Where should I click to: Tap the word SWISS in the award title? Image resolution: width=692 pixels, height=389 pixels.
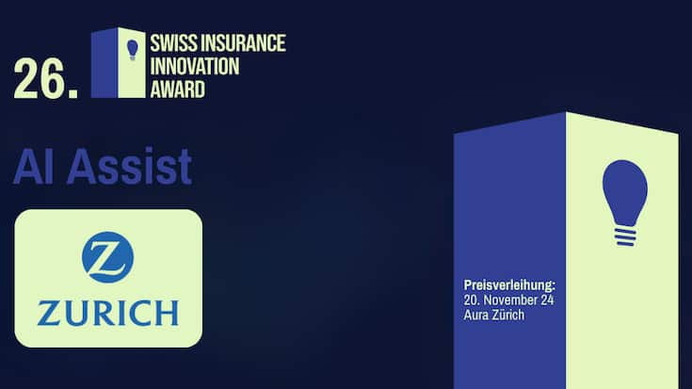point(172,42)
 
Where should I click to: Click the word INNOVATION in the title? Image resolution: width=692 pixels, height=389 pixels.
point(193,66)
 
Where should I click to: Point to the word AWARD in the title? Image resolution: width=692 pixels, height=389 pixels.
point(176,90)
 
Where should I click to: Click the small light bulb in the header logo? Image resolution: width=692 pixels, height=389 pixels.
point(133,48)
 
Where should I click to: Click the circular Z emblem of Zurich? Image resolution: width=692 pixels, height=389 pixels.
point(107,257)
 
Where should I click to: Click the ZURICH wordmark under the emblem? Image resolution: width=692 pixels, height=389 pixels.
point(107,312)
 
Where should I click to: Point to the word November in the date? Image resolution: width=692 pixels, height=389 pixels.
point(508,300)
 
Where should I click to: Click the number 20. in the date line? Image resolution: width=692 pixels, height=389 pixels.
point(473,300)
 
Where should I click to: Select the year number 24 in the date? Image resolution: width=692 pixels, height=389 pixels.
point(543,300)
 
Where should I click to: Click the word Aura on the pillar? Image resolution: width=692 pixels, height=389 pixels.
point(477,315)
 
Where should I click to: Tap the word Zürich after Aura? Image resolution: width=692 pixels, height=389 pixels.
point(508,315)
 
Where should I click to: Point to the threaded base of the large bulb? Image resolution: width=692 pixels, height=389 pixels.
point(624,233)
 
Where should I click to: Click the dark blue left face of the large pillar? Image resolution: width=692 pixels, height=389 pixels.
point(509,207)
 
